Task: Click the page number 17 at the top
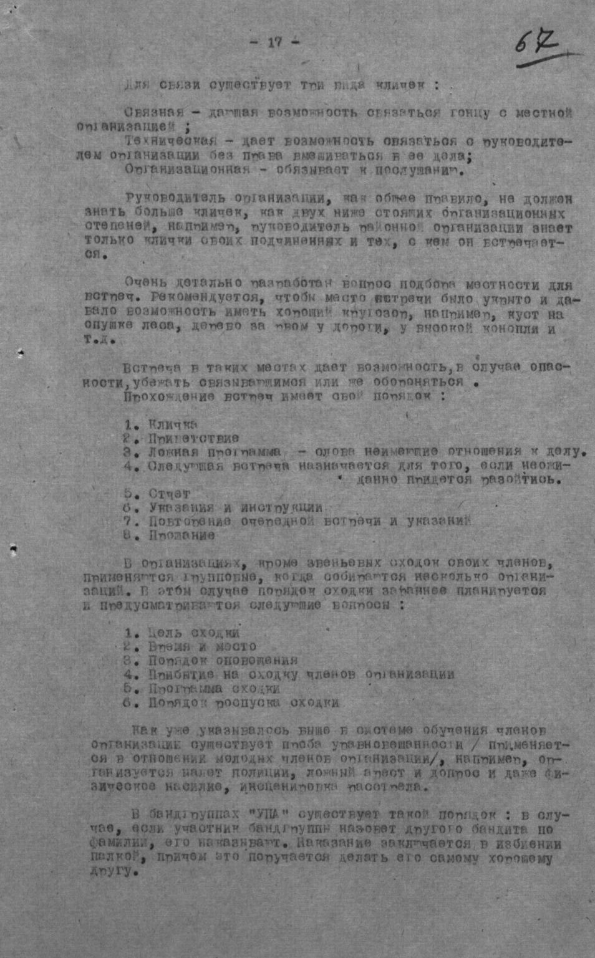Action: tap(274, 42)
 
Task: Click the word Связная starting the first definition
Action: tap(153, 112)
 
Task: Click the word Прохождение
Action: tap(164, 396)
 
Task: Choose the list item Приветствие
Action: tap(193, 439)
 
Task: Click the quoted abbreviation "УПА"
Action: tap(269, 815)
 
